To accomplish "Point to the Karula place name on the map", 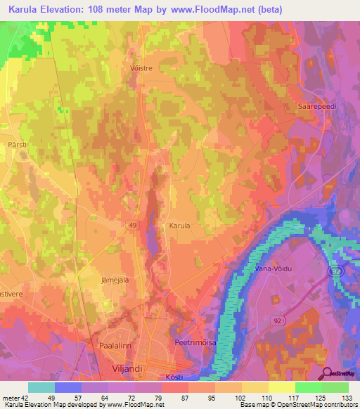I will point(180,226).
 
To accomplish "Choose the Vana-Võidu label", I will point(268,268).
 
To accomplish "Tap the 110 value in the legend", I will point(270,397).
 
